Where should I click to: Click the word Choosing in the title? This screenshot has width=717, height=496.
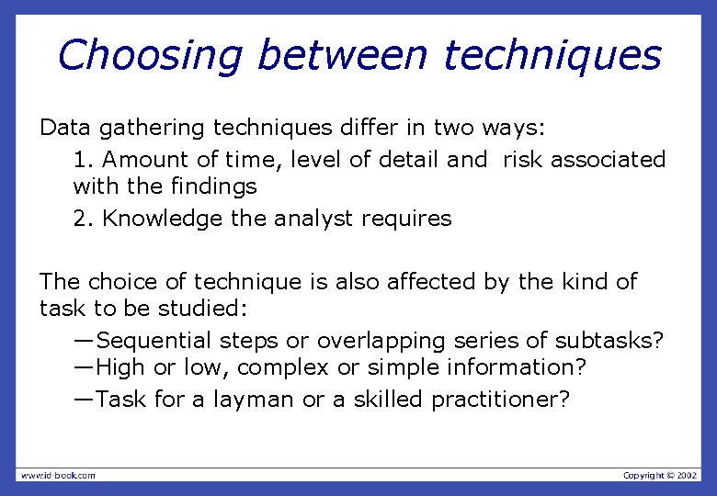click(150, 55)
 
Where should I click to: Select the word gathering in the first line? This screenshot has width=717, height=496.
click(147, 128)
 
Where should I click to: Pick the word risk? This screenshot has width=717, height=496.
click(523, 160)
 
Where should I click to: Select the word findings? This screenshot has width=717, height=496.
click(213, 187)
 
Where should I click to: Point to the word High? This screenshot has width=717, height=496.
click(119, 368)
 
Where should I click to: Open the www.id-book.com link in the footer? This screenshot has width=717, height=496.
click(57, 475)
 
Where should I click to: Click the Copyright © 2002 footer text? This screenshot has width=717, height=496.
click(660, 475)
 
